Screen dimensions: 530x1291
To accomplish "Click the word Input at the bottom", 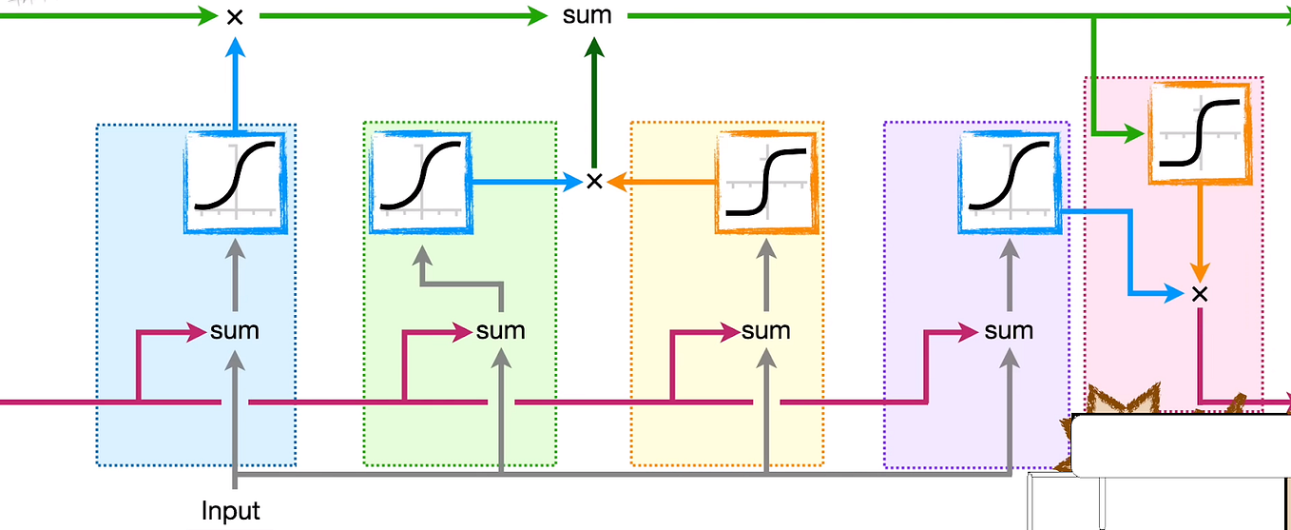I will coord(231,511).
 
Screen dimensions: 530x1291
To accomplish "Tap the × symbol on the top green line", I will coord(234,16).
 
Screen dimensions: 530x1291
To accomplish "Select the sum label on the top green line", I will coord(587,16).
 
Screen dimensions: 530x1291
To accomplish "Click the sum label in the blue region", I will coord(235,331).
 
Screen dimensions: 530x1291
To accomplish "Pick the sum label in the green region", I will coord(501,331).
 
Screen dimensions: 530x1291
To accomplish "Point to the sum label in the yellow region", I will coord(766,331).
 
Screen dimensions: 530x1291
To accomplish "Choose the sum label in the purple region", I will coord(1009,331).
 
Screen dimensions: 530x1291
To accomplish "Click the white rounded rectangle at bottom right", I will coord(1179,444).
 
